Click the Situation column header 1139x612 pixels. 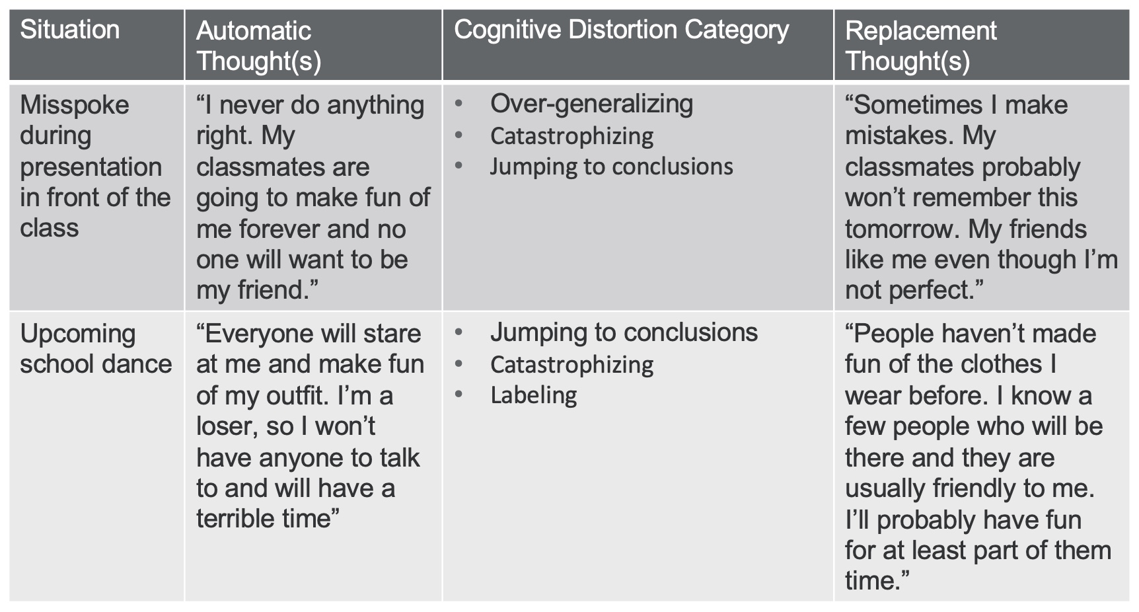tap(70, 30)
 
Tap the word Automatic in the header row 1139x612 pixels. tap(254, 31)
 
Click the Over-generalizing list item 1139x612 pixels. tap(591, 104)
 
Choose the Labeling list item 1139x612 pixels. tap(534, 396)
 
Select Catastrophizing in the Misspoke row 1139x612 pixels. tap(572, 137)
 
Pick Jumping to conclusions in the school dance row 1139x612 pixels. tap(624, 333)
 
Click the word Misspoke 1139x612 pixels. tap(75, 106)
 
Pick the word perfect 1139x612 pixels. tap(937, 291)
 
